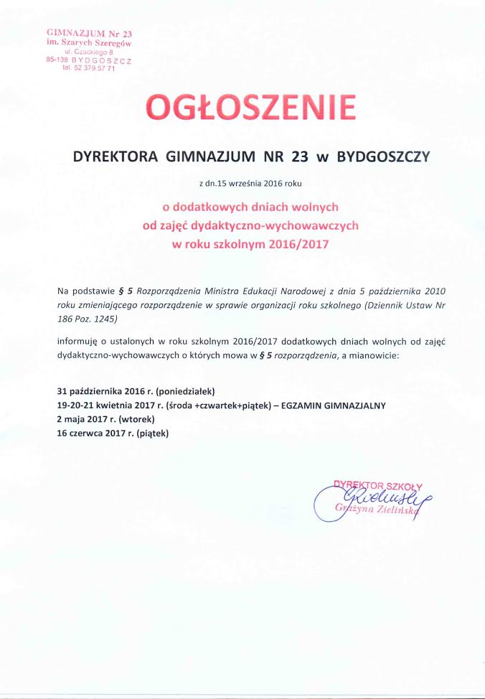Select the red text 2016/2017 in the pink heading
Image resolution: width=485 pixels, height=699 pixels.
coord(298,243)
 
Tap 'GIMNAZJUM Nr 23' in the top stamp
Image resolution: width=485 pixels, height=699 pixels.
coord(89,34)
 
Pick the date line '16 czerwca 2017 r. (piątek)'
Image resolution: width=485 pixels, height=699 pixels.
coord(112,432)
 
